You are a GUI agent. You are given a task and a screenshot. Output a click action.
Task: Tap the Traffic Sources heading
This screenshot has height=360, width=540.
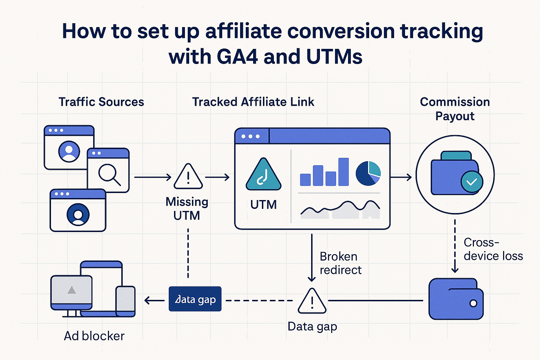pyautogui.click(x=101, y=102)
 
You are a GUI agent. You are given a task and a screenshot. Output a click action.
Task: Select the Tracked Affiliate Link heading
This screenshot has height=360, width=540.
pyautogui.click(x=253, y=102)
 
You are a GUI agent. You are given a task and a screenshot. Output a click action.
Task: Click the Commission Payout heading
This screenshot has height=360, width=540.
pyautogui.click(x=455, y=109)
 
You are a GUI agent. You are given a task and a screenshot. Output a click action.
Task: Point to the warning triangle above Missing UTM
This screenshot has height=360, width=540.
pyautogui.click(x=188, y=177)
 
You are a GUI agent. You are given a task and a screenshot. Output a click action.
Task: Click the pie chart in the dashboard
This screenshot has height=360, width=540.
pyautogui.click(x=368, y=173)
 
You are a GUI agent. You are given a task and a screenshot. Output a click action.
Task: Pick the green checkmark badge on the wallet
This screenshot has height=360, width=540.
pyautogui.click(x=472, y=182)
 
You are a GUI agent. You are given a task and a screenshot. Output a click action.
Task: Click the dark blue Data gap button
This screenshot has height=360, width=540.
pyautogui.click(x=195, y=299)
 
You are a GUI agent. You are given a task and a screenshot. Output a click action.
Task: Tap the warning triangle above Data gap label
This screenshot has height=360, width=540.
pyautogui.click(x=312, y=302)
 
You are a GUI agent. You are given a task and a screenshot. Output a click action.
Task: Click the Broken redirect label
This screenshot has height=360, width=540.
pyautogui.click(x=340, y=263)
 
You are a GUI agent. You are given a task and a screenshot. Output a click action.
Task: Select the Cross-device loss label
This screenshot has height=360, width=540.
pyautogui.click(x=493, y=249)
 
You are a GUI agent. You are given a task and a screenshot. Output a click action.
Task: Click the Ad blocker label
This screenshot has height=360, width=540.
pyautogui.click(x=94, y=336)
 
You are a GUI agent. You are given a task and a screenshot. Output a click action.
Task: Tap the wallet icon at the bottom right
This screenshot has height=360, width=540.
pyautogui.click(x=456, y=299)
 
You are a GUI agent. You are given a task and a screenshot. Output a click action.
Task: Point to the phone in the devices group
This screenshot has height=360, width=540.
pyautogui.click(x=126, y=301)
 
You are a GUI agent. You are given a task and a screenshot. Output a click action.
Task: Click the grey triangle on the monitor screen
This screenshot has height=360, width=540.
pyautogui.click(x=72, y=290)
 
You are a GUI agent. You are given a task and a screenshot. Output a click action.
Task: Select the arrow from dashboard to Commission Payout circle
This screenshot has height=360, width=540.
pyautogui.click(x=401, y=177)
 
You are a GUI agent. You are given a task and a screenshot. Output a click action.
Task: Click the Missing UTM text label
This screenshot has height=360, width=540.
pyautogui.click(x=187, y=208)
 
